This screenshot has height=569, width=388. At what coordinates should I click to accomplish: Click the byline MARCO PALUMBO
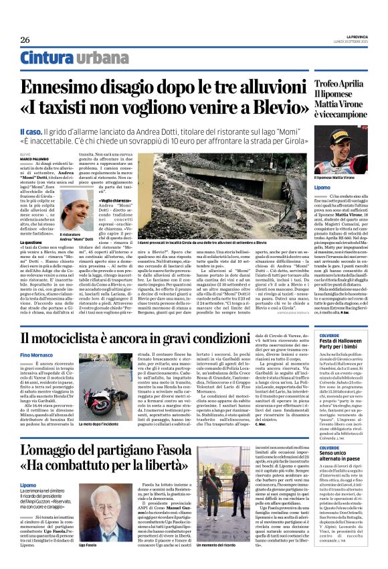pos(35,160)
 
